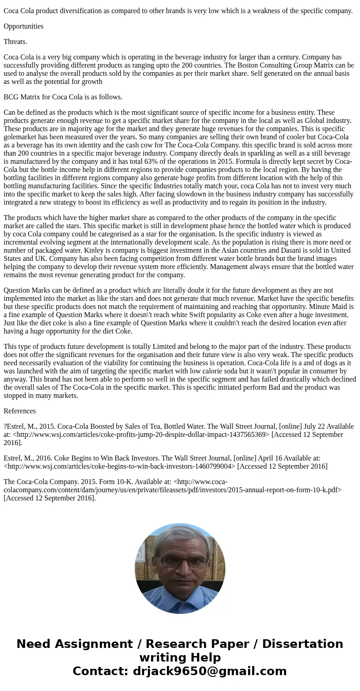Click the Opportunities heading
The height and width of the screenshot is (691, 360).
(x=24, y=26)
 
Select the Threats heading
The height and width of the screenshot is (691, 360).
(x=15, y=42)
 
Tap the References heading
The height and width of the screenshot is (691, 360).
(x=19, y=411)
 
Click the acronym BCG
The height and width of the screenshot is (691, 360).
(x=11, y=97)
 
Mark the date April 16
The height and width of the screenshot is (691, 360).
(x=268, y=458)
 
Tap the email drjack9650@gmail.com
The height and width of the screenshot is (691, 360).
(x=209, y=671)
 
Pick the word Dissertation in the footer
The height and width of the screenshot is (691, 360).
(x=302, y=644)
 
